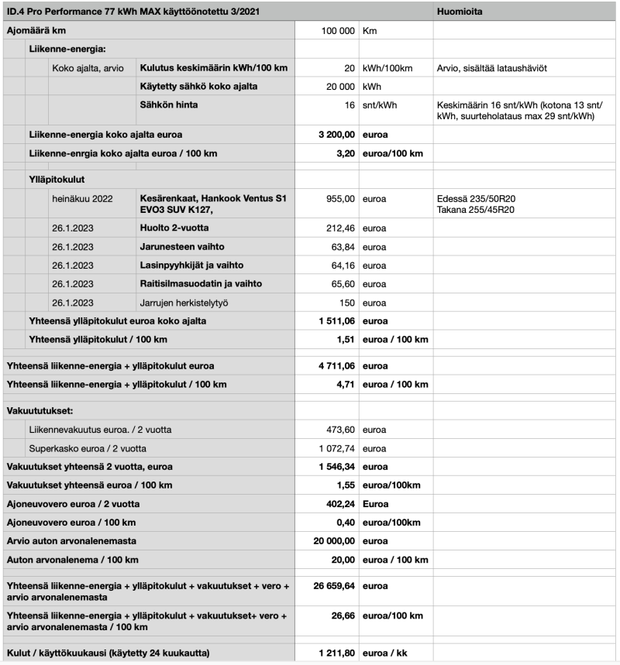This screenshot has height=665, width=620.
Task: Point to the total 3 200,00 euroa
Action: (336, 135)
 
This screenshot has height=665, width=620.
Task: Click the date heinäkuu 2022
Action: (82, 199)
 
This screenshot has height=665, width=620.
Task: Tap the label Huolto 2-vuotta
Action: (174, 228)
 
